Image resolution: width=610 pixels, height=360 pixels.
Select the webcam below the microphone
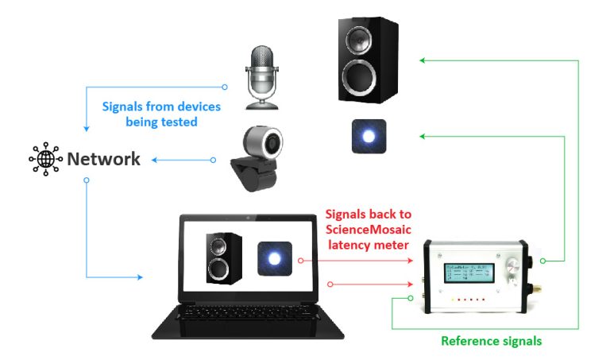[259, 160]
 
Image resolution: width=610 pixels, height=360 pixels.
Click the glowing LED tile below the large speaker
[369, 137]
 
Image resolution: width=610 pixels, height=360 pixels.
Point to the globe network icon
[45, 159]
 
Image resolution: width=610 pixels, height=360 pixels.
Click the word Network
[103, 159]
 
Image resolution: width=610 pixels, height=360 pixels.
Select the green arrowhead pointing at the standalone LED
[423, 137]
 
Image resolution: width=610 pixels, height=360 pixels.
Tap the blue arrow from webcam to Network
[183, 160]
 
